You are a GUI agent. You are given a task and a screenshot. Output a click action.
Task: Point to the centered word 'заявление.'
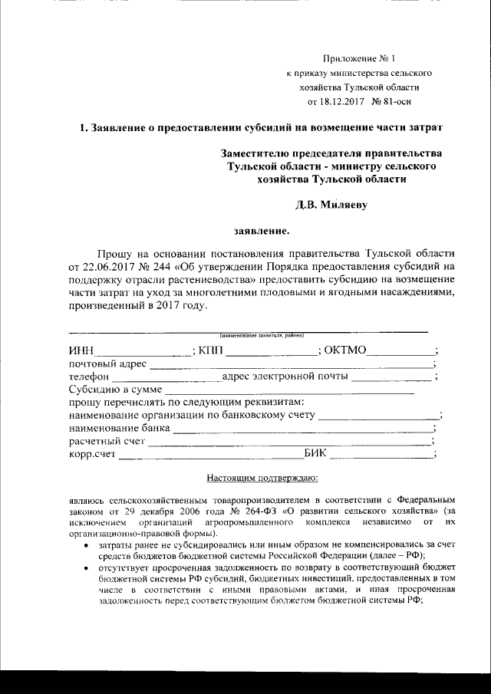click(262, 229)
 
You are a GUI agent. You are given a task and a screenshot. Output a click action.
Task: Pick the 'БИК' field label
click(316, 453)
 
